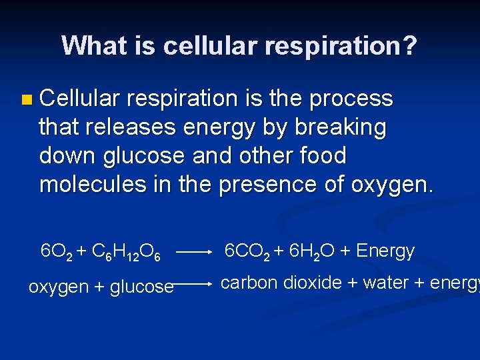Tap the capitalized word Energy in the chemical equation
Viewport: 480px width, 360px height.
385,251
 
